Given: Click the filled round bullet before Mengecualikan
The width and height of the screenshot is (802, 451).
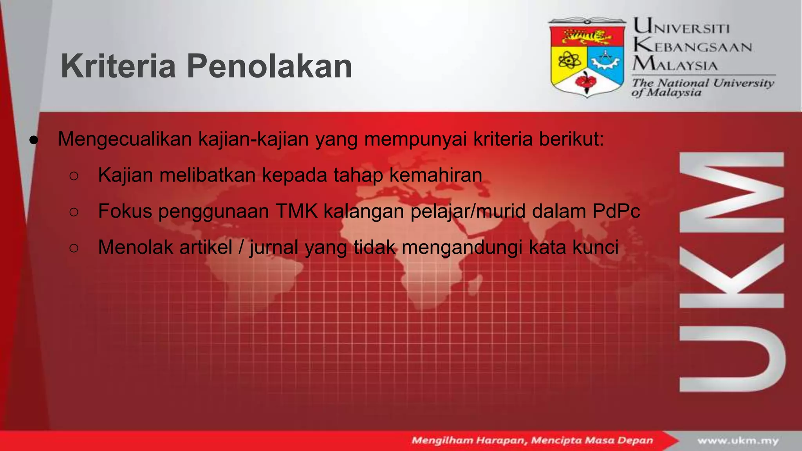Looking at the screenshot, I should point(34,140).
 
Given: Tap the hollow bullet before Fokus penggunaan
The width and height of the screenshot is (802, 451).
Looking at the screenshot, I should point(74,212).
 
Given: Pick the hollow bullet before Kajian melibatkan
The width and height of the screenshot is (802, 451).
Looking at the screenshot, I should point(74,176).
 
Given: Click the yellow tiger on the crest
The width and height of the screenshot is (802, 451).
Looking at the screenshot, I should point(586,37).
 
